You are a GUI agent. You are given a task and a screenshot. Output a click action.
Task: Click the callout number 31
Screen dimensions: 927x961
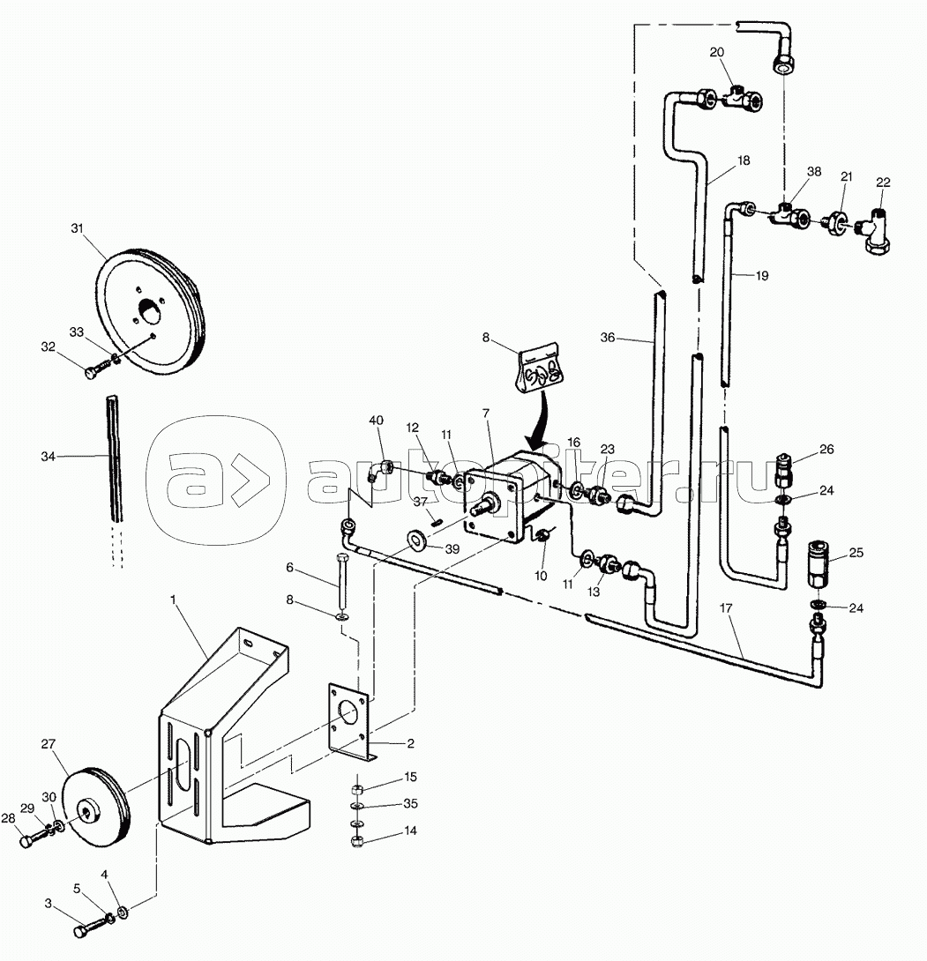point(77,228)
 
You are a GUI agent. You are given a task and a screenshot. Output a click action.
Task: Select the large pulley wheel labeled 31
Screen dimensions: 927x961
point(150,310)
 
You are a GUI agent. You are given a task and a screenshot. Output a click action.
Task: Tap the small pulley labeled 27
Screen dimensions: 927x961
point(97,808)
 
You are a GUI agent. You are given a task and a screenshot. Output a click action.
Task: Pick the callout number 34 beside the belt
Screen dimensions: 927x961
point(49,457)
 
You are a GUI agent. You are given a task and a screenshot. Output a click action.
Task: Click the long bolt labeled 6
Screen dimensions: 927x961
point(341,580)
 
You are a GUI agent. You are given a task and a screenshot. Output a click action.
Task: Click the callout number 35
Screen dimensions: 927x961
point(411,803)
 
